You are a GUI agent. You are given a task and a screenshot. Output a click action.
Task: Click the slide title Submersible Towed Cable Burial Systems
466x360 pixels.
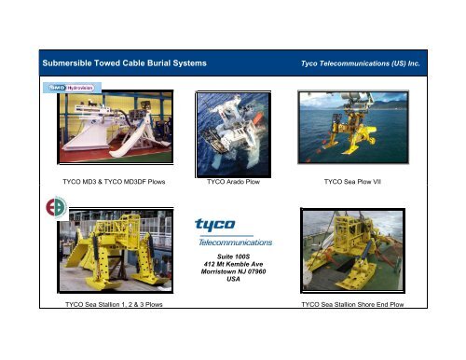pyautogui.click(x=118, y=62)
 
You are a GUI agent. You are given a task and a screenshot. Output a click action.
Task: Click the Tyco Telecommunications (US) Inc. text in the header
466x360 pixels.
pyautogui.click(x=363, y=63)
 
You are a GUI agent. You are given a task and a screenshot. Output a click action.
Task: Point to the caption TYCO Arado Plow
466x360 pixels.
pyautogui.click(x=232, y=181)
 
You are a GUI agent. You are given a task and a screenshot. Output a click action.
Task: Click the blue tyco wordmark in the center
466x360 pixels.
pyautogui.click(x=215, y=225)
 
